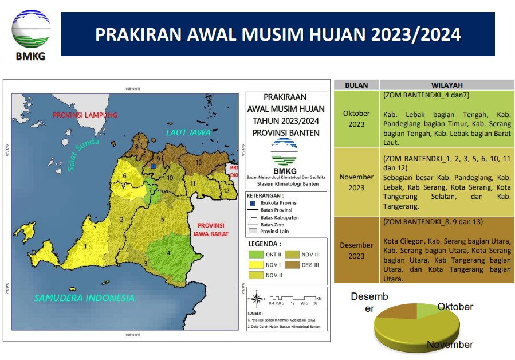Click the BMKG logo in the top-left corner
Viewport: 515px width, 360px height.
click(x=31, y=33)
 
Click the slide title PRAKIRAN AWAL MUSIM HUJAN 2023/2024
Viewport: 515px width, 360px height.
click(x=278, y=34)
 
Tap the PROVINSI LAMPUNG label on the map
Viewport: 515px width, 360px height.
click(x=85, y=115)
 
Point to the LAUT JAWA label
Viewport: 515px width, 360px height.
click(x=188, y=132)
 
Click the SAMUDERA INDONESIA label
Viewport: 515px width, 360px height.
click(x=84, y=298)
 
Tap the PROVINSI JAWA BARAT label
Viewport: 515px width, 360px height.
click(x=210, y=230)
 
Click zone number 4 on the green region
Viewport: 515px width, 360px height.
click(x=168, y=252)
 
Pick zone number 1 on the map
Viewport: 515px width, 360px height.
click(x=85, y=246)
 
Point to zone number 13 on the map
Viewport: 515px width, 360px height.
click(x=198, y=162)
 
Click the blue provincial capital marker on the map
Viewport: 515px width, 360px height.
click(x=153, y=166)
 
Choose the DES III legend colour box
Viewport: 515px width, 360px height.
click(x=292, y=265)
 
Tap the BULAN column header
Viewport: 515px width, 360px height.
click(x=356, y=85)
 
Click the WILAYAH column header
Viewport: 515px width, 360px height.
click(x=447, y=85)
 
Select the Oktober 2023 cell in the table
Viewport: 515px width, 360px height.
click(x=356, y=119)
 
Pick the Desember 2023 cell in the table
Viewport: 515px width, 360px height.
click(x=356, y=251)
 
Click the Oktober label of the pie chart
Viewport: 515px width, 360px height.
click(x=455, y=307)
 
